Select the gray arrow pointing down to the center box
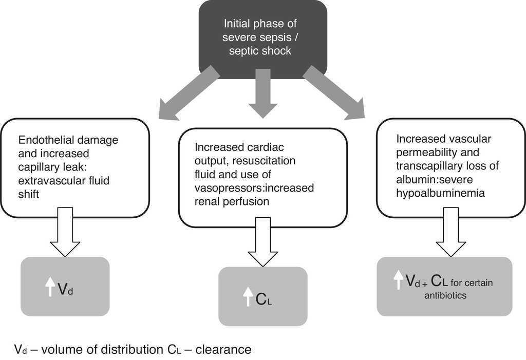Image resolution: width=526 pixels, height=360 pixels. coord(262,95)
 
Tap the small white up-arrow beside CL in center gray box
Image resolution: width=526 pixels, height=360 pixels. coord(248,297)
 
